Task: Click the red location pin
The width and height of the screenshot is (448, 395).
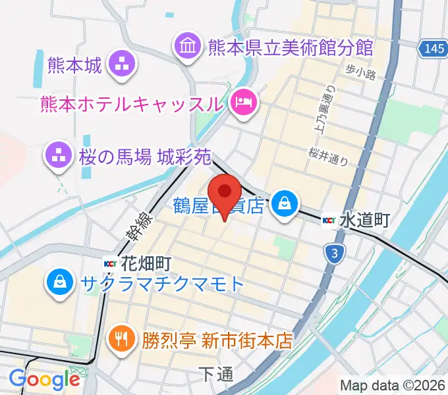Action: tap(226, 192)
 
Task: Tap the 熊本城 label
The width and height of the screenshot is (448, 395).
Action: tap(75, 64)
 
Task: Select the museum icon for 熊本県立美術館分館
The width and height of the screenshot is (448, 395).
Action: tap(186, 46)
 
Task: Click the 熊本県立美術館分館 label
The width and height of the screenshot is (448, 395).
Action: tap(290, 47)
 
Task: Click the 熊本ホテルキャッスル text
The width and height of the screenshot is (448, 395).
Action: tap(131, 103)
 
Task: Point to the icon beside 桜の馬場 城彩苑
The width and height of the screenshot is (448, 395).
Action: tap(57, 155)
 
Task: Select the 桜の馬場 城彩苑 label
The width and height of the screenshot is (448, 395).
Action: tap(145, 157)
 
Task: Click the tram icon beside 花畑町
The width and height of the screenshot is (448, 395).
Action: tap(111, 264)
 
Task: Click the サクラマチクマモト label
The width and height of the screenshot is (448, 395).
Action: tap(162, 284)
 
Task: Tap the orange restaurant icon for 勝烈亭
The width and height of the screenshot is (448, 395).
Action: tap(121, 339)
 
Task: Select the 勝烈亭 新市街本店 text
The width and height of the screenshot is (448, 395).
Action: tap(216, 340)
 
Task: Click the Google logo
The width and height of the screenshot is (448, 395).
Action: tap(44, 379)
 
